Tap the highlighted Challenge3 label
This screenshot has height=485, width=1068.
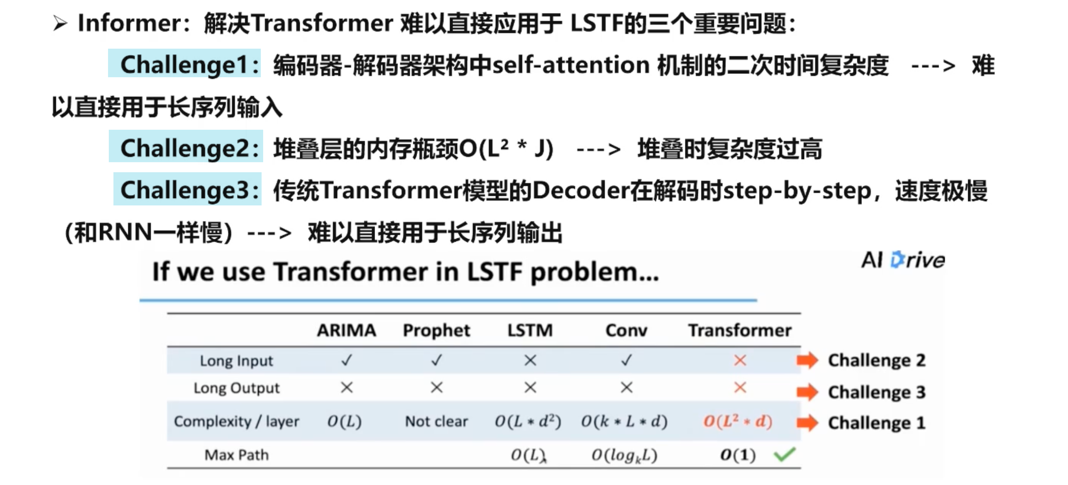coord(188,189)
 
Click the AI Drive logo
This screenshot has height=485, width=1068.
coord(903,260)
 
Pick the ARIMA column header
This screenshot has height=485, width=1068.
coord(346,330)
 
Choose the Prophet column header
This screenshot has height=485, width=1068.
coord(436,331)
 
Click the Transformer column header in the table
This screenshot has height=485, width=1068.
coord(740,330)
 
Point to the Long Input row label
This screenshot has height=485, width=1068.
coord(236,361)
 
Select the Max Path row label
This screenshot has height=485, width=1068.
coord(236,455)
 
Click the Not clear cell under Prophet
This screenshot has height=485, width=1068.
coord(436,422)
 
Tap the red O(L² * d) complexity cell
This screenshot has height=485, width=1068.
coord(738,421)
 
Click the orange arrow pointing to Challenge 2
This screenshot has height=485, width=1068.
coord(807,360)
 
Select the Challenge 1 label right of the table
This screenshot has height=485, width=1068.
coord(877,423)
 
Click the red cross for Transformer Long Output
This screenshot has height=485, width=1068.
coord(740,388)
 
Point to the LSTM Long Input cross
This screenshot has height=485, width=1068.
coord(530,360)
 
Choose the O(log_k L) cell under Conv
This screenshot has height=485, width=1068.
coord(624,455)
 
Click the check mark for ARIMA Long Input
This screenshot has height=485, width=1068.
coord(346,360)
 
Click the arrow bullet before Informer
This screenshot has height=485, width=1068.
coord(60,23)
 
